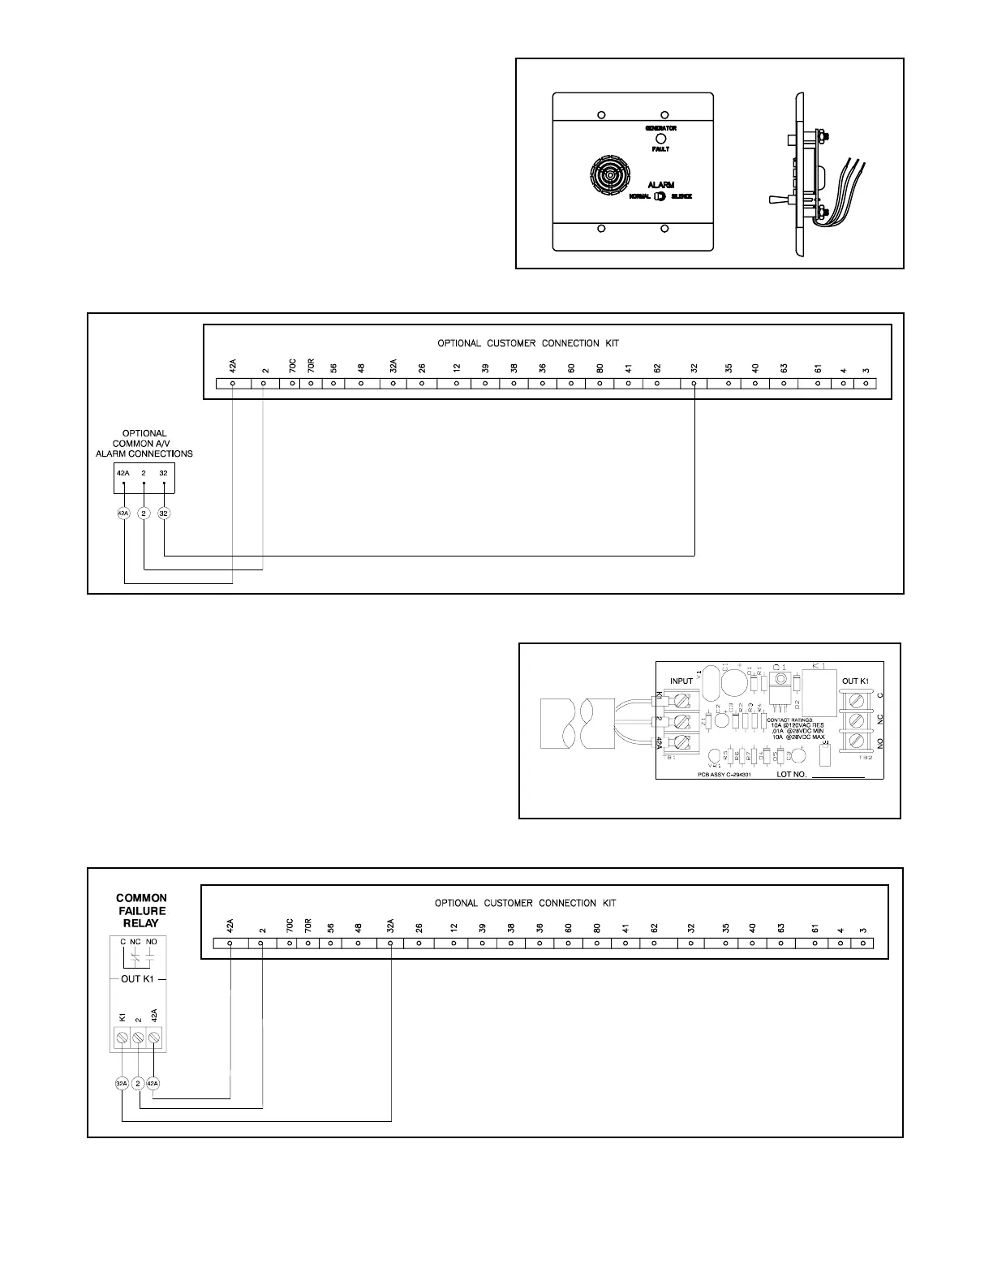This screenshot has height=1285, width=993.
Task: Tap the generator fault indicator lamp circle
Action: pos(661,139)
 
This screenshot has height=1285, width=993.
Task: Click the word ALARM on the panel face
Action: pos(661,185)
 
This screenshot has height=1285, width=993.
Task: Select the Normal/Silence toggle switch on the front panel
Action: pos(660,196)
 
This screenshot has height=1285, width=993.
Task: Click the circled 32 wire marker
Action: pos(164,514)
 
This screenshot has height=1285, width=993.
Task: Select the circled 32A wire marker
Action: pos(122,1083)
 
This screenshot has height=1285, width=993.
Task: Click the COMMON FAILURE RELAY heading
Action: pos(141,910)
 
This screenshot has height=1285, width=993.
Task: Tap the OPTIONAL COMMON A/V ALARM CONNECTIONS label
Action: pos(144,444)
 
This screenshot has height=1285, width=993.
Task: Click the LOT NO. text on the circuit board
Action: pos(799,775)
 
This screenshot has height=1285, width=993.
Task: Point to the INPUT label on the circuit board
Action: pos(681,681)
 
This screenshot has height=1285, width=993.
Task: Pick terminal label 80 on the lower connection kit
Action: pos(597,926)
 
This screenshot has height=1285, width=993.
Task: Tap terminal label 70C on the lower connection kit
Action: pos(290,926)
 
